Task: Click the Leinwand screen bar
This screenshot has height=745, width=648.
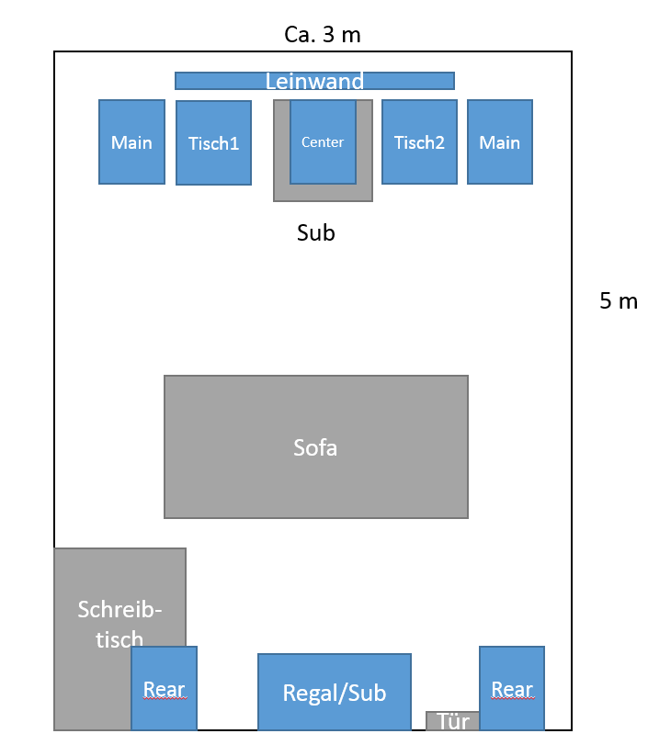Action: coord(314,81)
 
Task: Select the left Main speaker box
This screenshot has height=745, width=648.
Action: coord(131,142)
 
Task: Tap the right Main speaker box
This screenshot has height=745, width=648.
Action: coord(499,142)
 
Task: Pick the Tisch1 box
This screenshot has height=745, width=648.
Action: coord(213,143)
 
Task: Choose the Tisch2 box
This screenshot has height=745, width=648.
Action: coord(419,142)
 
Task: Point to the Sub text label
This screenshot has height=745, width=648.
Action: coord(315,233)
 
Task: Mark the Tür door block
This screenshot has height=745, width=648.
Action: coord(452,721)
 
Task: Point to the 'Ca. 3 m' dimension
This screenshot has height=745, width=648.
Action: coord(323,35)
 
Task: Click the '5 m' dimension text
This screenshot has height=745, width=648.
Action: coord(619,300)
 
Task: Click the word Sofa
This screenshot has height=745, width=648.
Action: coord(315,447)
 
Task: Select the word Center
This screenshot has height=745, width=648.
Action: coord(323,142)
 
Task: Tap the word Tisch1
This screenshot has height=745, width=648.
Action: coord(213,143)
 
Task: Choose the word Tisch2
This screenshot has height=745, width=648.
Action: coord(419,142)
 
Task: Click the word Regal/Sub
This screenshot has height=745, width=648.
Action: coord(334,693)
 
